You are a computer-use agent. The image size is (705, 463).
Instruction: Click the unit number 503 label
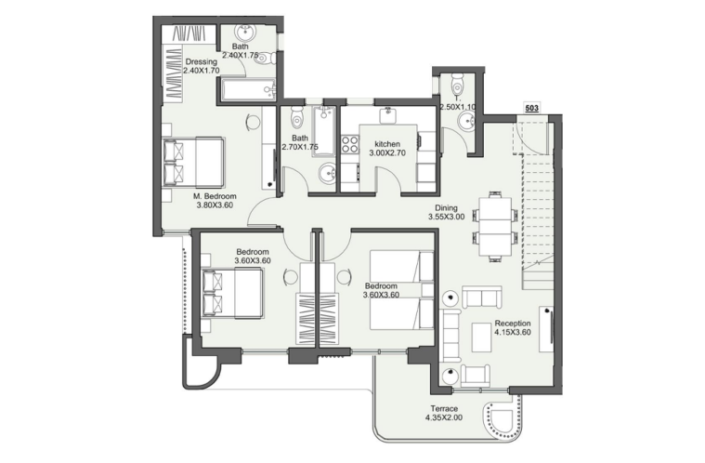click(x=531, y=109)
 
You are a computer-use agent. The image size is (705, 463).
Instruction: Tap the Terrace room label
click(x=444, y=408)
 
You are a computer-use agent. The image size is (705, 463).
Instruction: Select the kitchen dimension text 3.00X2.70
click(x=387, y=153)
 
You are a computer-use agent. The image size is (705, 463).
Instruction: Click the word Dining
click(x=446, y=208)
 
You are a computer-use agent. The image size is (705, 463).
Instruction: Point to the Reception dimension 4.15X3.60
click(x=513, y=333)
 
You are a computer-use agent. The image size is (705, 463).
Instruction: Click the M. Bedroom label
click(x=215, y=196)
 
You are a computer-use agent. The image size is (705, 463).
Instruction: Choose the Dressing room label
click(x=201, y=61)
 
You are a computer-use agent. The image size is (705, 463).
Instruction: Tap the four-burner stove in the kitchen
click(x=349, y=144)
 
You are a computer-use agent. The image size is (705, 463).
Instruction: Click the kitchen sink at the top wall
click(x=387, y=115)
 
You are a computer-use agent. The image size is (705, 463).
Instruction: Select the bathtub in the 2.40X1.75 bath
click(x=248, y=89)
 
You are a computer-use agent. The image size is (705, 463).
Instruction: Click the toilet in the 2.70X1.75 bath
click(x=296, y=117)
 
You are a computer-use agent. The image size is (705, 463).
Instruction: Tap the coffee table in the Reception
click(x=481, y=337)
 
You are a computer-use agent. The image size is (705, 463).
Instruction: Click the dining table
click(x=494, y=225)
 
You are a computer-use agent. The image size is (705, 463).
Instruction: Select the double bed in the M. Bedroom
click(x=193, y=162)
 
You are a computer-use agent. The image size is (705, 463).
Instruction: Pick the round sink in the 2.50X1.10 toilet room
click(x=467, y=121)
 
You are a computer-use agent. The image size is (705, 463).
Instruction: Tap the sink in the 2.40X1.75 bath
click(x=246, y=32)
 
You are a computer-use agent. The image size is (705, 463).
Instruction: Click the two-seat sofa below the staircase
click(x=482, y=298)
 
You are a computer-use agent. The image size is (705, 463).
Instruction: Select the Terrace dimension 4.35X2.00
click(x=444, y=417)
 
